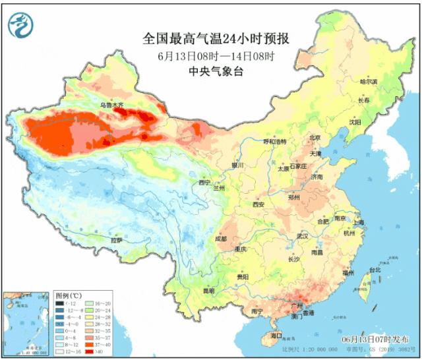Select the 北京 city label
[x=314, y=138]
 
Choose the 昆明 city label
[x=208, y=291]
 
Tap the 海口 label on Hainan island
[x=266, y=336]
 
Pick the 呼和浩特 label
[x=275, y=142]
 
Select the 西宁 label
[x=204, y=182]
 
